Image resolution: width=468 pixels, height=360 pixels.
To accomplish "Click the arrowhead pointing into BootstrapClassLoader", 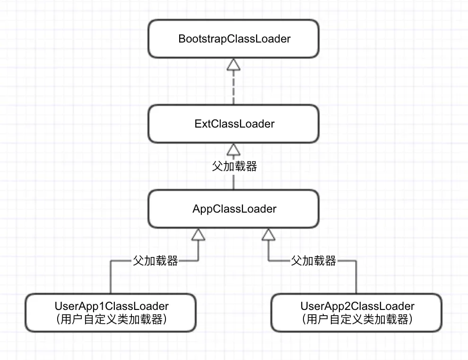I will (x=234, y=65).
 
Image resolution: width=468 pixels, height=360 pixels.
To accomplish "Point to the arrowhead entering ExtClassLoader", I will (x=234, y=150).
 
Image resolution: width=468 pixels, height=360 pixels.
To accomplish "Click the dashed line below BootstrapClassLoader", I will (x=234, y=87).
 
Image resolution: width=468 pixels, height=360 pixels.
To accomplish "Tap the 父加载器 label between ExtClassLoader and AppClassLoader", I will (x=234, y=166).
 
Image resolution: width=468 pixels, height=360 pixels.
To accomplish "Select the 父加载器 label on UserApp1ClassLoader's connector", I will (x=155, y=261).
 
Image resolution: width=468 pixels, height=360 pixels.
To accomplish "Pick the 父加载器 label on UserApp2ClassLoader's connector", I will (x=313, y=261).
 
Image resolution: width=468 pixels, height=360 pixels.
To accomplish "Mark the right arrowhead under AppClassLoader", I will (x=269, y=234).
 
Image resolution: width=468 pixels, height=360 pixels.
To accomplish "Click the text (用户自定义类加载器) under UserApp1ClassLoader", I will (x=111, y=320).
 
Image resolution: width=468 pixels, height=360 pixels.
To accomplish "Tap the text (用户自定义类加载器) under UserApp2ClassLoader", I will (x=357, y=320).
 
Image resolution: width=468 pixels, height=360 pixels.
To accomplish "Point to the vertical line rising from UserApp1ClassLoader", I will (x=111, y=279).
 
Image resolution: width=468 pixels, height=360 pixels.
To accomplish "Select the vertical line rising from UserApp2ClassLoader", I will (x=357, y=279).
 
